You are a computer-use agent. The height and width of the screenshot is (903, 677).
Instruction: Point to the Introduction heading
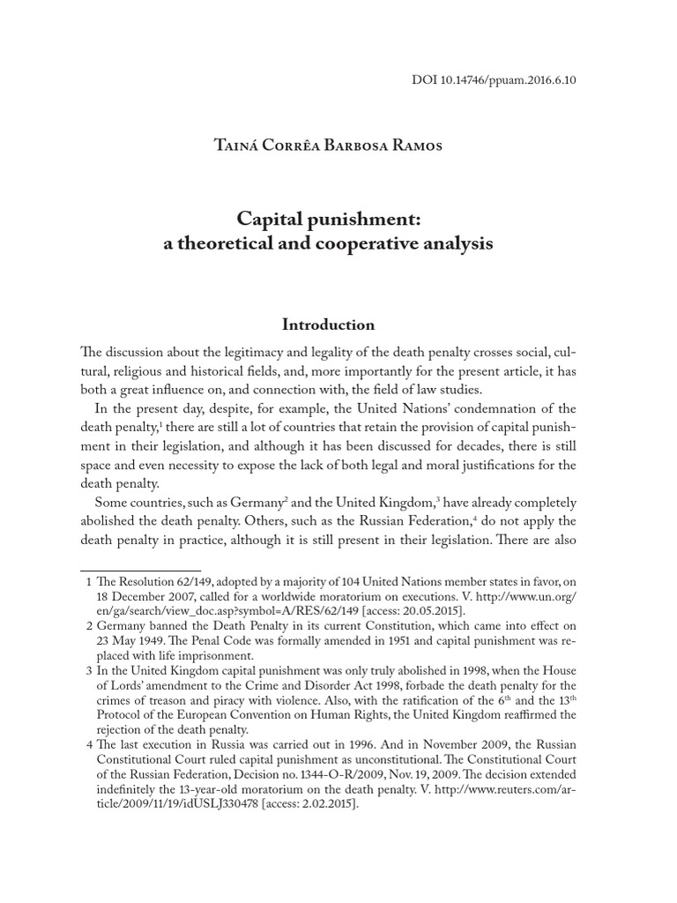coord(329,325)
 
